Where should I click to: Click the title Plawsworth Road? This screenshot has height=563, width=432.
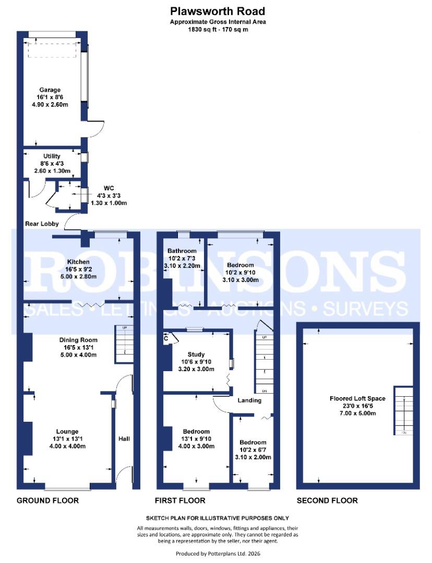tap(218, 11)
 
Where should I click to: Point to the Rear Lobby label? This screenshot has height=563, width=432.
tap(41, 224)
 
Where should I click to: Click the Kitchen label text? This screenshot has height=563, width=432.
tap(78, 261)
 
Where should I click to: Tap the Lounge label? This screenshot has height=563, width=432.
tap(67, 431)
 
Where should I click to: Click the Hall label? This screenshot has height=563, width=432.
tap(124, 438)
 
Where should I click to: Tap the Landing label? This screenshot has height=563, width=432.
tap(249, 400)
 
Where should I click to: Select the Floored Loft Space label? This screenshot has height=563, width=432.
tap(357, 398)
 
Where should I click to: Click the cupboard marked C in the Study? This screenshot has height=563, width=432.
tap(166, 338)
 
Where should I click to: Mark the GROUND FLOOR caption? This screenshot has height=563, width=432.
tap(48, 500)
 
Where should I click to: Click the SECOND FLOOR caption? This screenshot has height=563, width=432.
tap(327, 500)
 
